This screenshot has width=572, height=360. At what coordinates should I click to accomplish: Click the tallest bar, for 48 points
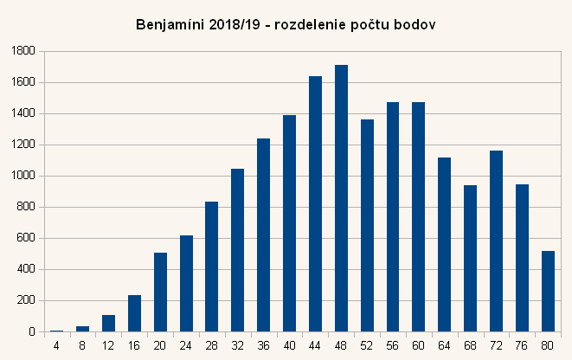[341, 199]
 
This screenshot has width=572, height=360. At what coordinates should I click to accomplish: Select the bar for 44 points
[315, 204]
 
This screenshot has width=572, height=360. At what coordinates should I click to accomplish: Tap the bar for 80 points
[547, 291]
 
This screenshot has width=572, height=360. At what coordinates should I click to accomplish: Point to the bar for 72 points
[496, 241]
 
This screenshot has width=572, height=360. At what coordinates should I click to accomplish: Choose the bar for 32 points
[237, 250]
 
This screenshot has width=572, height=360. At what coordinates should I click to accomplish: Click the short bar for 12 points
[108, 323]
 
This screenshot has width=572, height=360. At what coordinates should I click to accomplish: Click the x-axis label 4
[56, 345]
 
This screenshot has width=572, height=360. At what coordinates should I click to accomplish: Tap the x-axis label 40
[289, 345]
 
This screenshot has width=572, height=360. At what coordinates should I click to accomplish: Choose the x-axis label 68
[470, 345]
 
